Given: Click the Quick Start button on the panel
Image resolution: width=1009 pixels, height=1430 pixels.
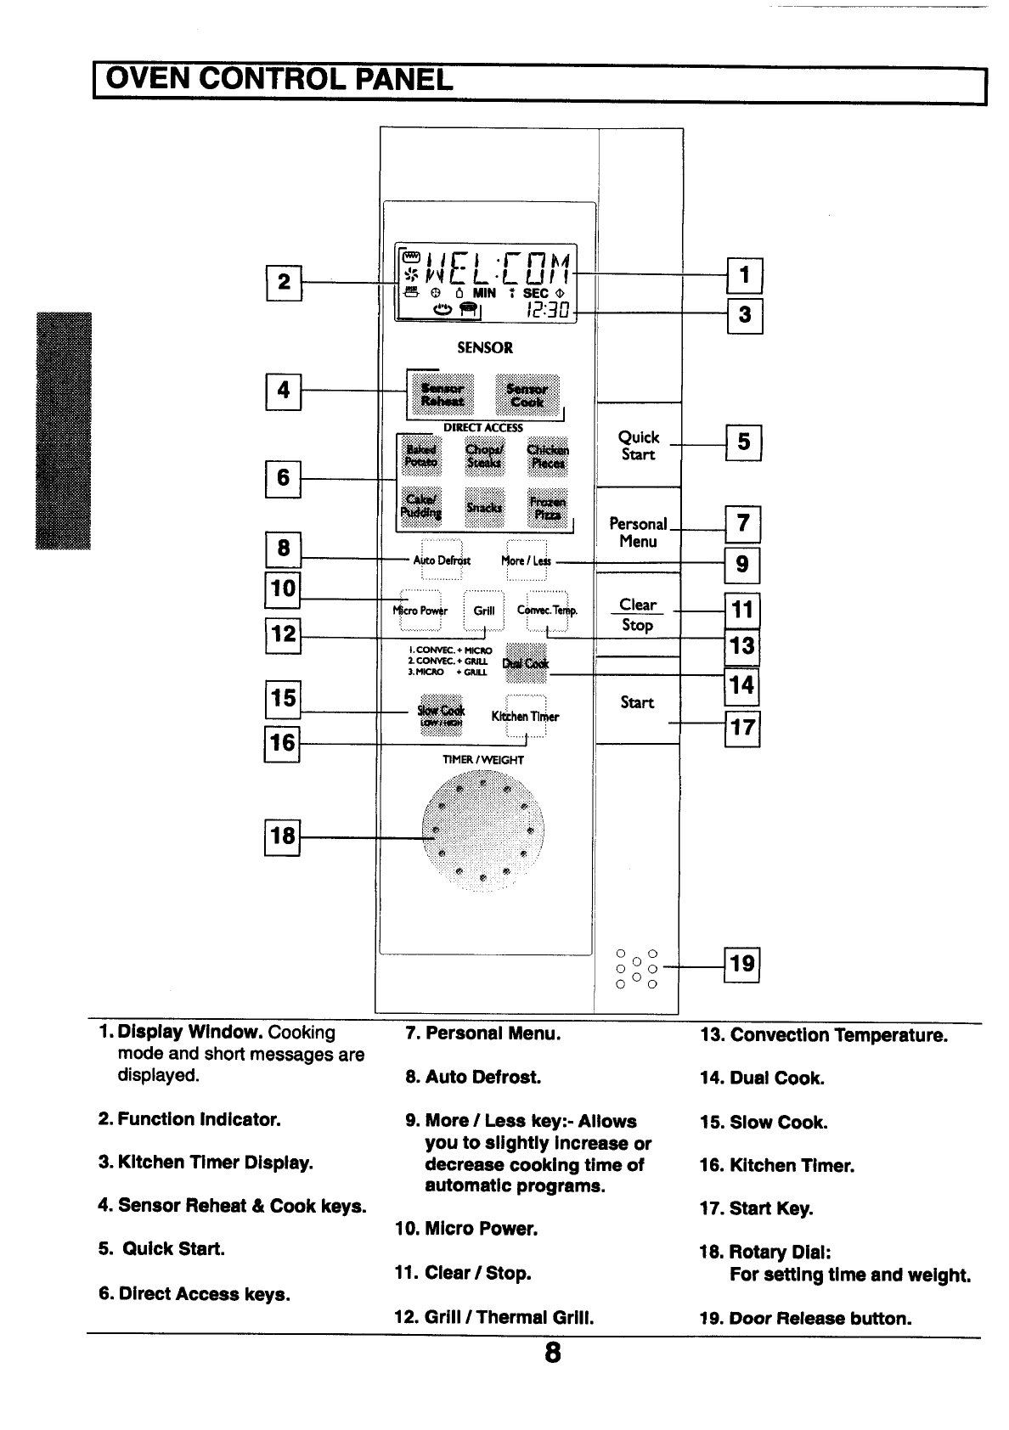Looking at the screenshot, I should point(639,445).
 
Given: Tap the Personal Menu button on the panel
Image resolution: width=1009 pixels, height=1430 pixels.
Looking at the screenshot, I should point(639,532).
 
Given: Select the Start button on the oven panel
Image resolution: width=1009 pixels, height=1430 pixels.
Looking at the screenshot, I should point(637,702).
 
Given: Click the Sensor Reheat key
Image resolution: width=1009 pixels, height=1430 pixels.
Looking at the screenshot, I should point(442,395).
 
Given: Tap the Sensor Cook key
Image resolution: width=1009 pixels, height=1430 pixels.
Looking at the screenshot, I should point(527,395).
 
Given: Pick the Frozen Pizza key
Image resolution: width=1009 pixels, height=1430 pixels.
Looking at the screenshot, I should point(546,508).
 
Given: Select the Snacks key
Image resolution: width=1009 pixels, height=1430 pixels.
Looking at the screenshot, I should point(485,507).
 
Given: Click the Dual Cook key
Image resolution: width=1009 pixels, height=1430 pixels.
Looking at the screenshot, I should point(527,663).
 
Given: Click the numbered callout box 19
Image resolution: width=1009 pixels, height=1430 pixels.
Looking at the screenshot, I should point(741,964).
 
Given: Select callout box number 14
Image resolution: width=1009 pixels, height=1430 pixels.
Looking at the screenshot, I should point(741,684).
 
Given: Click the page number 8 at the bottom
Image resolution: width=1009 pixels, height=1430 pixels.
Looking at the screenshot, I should point(553,1353).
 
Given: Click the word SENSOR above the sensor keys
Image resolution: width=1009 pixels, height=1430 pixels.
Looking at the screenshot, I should point(485,347).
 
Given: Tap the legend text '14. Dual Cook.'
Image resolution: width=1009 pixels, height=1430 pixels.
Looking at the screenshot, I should point(762,1078).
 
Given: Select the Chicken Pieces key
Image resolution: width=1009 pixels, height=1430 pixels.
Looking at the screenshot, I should point(548,456).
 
